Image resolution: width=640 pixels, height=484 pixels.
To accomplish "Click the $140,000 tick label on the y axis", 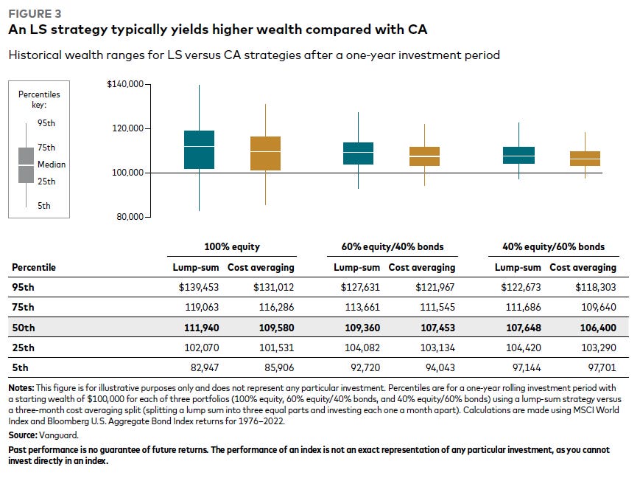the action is (125, 84).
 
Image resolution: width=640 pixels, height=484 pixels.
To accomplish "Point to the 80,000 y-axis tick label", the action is (130, 217).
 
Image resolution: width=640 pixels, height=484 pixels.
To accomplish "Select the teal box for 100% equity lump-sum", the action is (199, 150).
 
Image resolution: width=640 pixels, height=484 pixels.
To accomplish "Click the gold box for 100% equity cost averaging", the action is (265, 153).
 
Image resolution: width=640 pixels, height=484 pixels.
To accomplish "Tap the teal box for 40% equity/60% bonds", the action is (518, 156).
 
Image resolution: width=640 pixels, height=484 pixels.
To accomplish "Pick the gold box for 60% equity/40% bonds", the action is (424, 156).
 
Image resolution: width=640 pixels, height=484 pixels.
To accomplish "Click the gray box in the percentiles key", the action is (26, 165).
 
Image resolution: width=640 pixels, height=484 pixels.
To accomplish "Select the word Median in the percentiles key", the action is (52, 165).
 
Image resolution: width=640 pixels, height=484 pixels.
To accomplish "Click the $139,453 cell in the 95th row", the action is (199, 288).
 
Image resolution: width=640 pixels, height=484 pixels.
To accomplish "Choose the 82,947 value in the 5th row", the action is (205, 368).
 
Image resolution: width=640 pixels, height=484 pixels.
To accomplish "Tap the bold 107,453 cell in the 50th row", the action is (438, 328).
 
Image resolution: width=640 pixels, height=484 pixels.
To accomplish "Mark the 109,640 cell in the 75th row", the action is (599, 308).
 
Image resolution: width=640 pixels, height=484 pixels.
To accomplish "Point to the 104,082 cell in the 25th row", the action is (362, 348).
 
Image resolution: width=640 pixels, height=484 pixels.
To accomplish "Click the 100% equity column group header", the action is (232, 247).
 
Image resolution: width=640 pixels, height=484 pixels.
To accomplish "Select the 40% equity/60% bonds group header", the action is (554, 247).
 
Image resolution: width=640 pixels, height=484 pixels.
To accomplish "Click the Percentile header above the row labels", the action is (34, 267).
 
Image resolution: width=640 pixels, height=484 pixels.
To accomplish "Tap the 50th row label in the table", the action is (24, 328).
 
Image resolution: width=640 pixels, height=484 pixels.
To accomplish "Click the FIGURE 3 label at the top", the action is (35, 14).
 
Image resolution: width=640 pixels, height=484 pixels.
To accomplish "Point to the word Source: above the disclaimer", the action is (23, 435).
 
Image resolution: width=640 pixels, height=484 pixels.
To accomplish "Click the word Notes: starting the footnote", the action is (21, 388).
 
